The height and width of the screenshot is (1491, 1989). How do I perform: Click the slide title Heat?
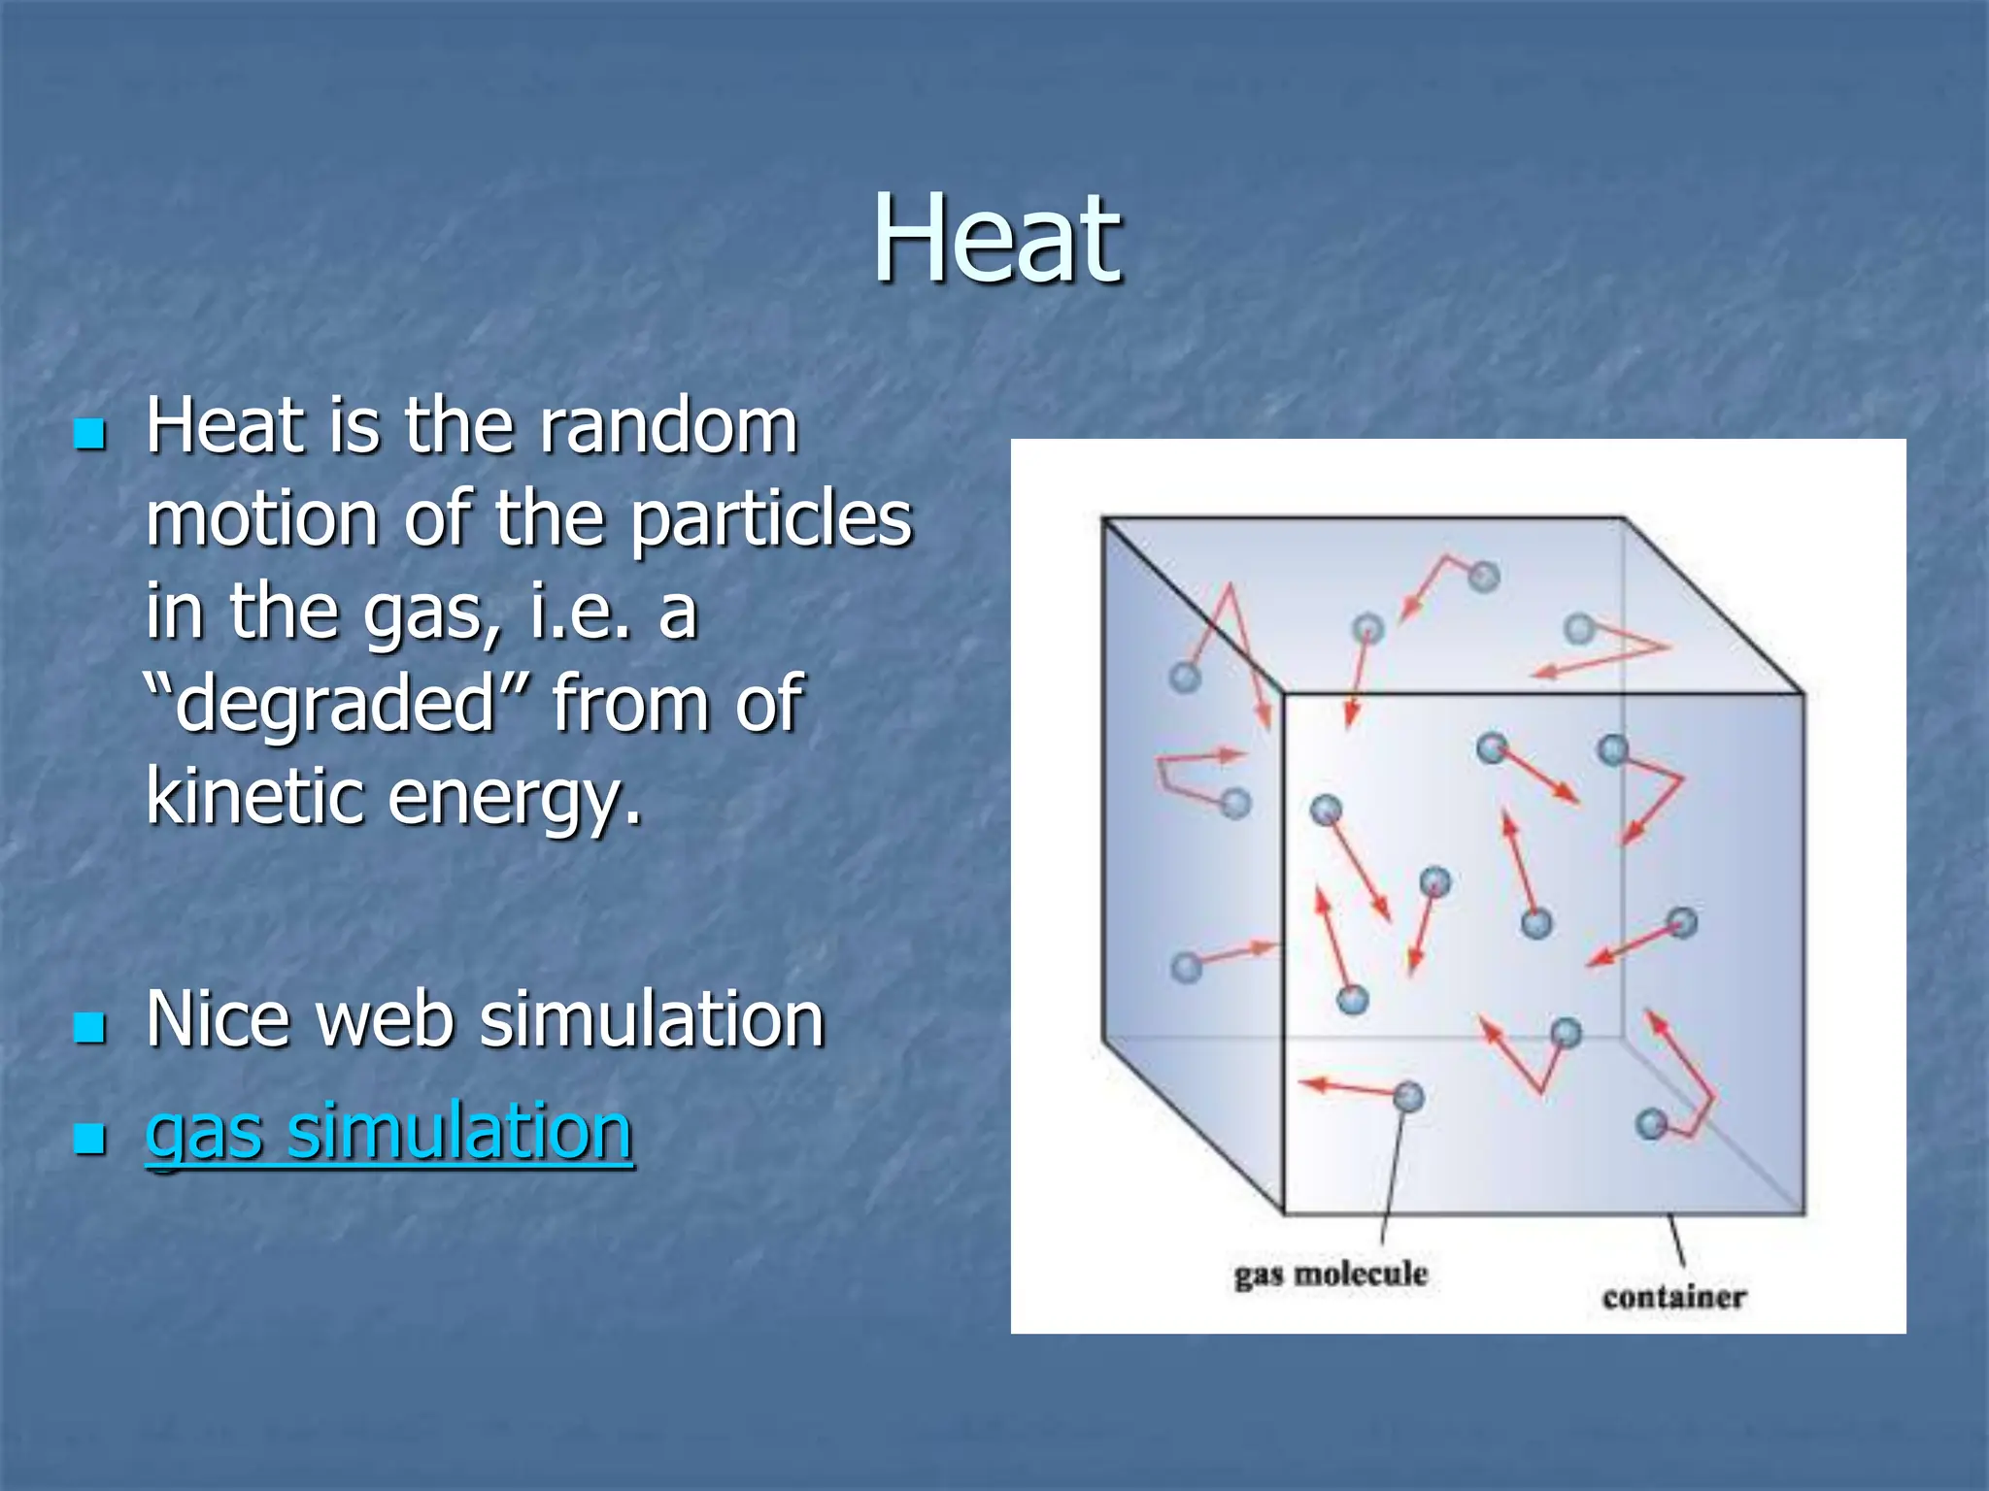pos(996,239)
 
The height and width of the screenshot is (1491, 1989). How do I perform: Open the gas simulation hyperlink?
pos(388,1131)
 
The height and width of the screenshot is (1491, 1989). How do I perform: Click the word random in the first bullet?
pos(668,426)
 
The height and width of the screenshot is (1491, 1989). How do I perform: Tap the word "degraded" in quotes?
pos(336,703)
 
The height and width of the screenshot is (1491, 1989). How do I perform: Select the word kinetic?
pos(254,795)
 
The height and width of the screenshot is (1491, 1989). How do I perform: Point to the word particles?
pos(771,518)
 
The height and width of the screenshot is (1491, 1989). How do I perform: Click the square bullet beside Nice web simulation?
pos(89,1026)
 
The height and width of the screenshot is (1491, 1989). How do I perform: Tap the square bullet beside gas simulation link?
pos(89,1137)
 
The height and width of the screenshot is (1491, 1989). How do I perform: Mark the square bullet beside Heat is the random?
pos(89,433)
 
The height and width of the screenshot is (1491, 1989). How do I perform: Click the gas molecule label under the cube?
pos(1331,1275)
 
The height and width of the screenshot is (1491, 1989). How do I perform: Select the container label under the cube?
pos(1673,1297)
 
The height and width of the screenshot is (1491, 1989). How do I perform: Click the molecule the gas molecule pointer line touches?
pos(1407,1097)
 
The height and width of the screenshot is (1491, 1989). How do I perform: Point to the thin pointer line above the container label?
pos(1676,1242)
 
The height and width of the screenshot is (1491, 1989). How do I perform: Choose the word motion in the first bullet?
pos(262,518)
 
